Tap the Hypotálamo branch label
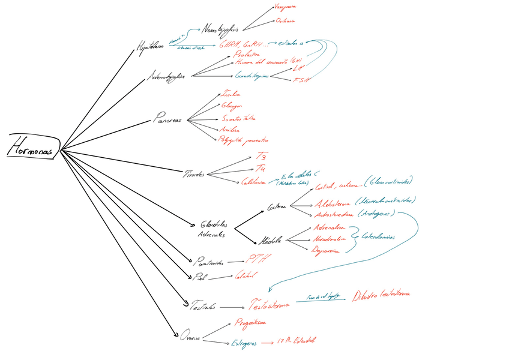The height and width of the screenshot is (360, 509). pos(152,46)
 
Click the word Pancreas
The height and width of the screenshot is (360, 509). pos(168,119)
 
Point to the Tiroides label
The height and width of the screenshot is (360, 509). pos(194,174)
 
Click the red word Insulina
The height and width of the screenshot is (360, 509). pos(231,94)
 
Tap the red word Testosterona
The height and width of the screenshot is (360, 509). pos(269,304)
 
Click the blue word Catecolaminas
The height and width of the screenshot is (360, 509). pos(378,237)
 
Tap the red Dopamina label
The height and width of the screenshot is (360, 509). pos(325,251)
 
